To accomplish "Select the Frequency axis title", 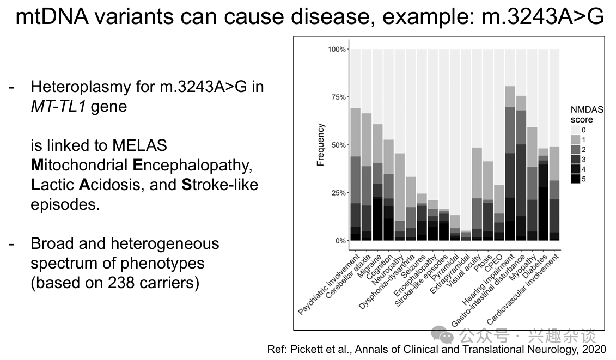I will point(321,145).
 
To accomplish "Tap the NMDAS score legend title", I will point(587,114).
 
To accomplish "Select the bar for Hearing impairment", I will point(510,163).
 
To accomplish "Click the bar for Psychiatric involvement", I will point(355,174).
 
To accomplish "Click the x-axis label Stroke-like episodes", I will point(422,279).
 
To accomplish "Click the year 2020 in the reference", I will point(594,349).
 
